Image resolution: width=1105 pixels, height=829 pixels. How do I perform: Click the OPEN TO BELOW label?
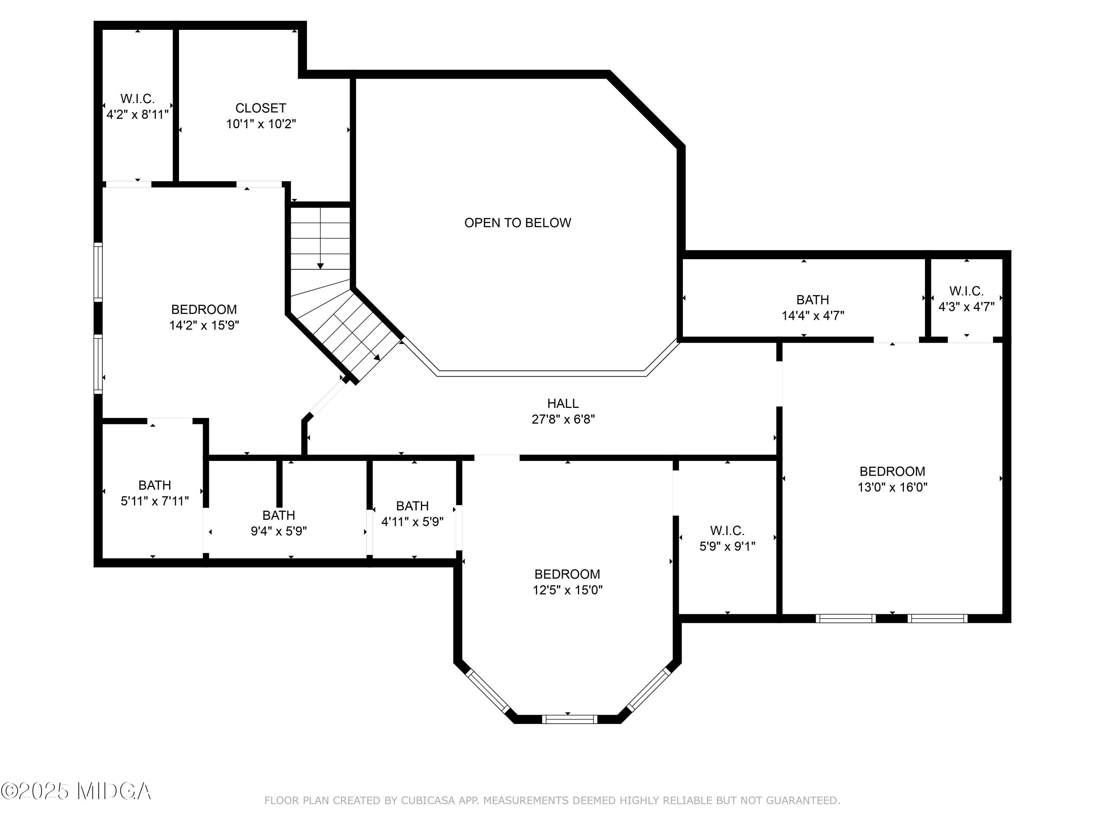(518, 223)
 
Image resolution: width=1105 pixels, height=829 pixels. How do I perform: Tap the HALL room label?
(563, 403)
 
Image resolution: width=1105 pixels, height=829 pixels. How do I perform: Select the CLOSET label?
(261, 108)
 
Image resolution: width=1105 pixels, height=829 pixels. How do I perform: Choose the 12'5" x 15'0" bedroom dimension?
(568, 590)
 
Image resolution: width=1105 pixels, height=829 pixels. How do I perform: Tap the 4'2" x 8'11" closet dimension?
(137, 115)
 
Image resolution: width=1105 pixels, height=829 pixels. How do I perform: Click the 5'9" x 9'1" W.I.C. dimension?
(727, 546)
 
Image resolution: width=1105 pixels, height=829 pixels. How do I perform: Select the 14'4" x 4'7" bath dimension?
(813, 316)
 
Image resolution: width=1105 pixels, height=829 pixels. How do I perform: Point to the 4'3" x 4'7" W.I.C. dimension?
(966, 307)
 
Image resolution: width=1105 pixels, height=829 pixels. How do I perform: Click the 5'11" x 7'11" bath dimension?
(155, 501)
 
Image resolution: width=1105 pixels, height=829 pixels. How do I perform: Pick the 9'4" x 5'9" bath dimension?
(279, 531)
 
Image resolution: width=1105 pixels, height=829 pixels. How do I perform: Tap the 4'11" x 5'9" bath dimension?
(413, 522)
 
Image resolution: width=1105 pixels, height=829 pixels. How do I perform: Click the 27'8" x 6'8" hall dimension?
(563, 419)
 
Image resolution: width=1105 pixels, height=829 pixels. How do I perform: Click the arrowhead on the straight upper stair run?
(320, 266)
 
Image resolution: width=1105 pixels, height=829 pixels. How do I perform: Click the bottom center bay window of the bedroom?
(569, 719)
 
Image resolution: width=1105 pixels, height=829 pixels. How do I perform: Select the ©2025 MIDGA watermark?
(76, 791)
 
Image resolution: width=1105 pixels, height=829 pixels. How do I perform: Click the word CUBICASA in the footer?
(428, 801)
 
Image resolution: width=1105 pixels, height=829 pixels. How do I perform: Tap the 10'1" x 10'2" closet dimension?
(261, 124)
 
